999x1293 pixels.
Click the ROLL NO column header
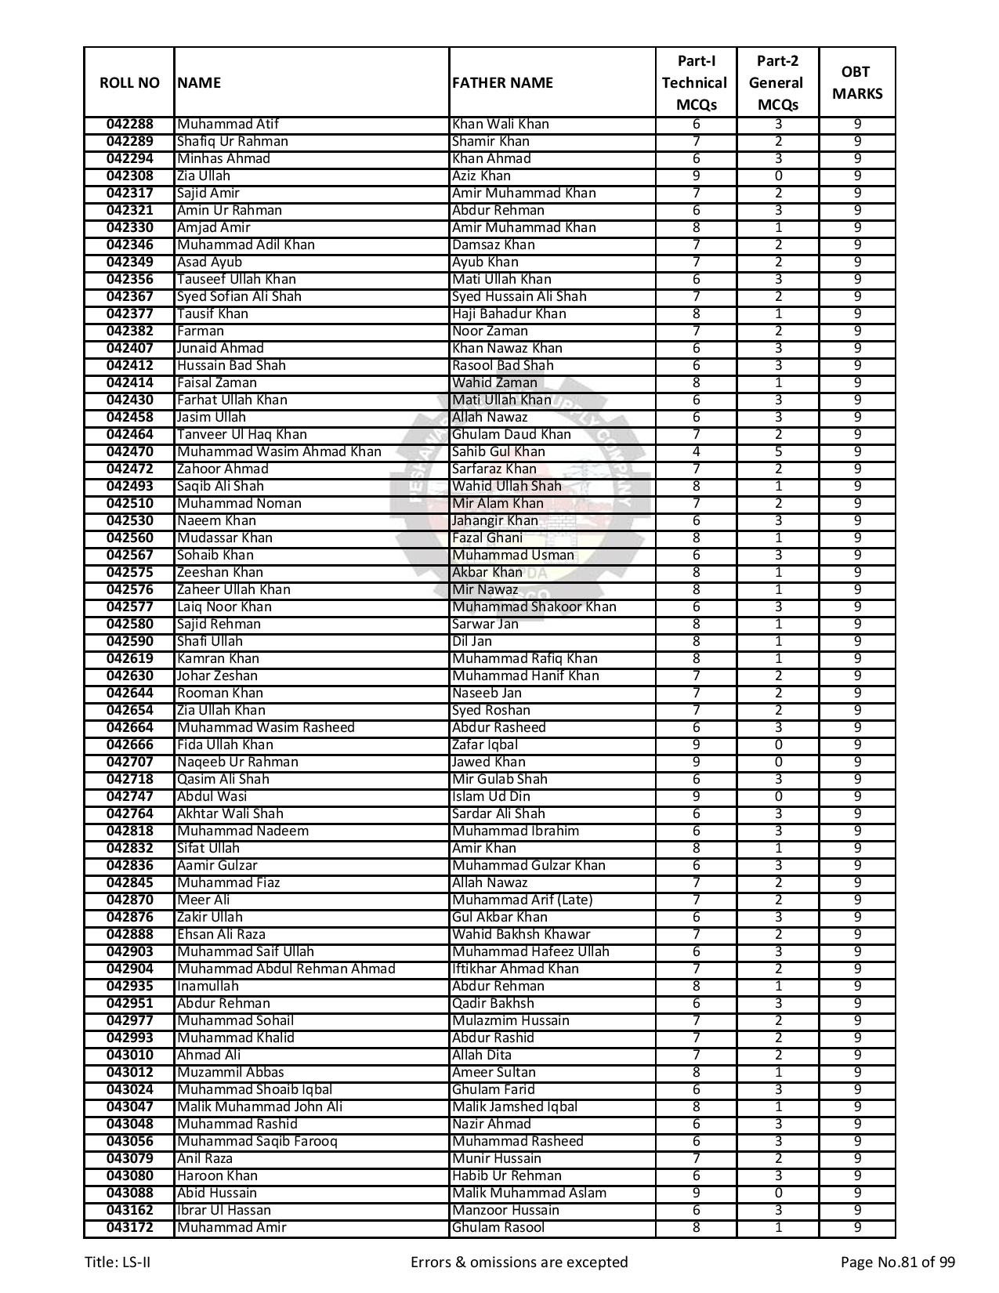pyautogui.click(x=129, y=83)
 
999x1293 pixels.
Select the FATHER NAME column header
pyautogui.click(x=502, y=83)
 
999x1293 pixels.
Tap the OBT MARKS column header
pyautogui.click(x=856, y=83)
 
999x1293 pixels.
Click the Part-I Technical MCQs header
pyautogui.click(x=695, y=83)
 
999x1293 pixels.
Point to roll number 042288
pyautogui.click(x=129, y=125)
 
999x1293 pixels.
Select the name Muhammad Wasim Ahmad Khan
pyautogui.click(x=279, y=452)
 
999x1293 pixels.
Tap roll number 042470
pyautogui.click(x=129, y=452)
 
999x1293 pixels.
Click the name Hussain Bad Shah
pyautogui.click(x=231, y=366)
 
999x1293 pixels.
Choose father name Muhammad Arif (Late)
pyautogui.click(x=522, y=900)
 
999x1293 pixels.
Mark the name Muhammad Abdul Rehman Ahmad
pyautogui.click(x=286, y=969)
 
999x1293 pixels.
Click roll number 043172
pyautogui.click(x=129, y=1228)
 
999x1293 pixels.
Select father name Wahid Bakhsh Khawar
pyautogui.click(x=521, y=935)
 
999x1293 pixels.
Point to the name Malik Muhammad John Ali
pyautogui.click(x=259, y=1107)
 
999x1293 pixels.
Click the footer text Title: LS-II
pyautogui.click(x=118, y=1262)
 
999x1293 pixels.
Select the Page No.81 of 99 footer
pyautogui.click(x=897, y=1262)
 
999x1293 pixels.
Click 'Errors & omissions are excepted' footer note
pyautogui.click(x=519, y=1262)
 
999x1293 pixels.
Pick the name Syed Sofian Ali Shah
pyautogui.click(x=239, y=297)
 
